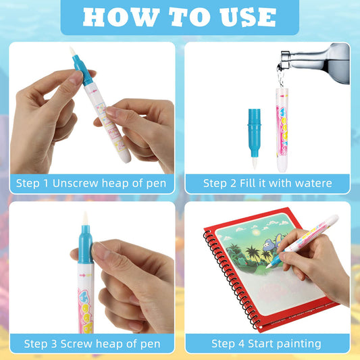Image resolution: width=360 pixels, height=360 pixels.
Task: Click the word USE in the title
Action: (247, 18)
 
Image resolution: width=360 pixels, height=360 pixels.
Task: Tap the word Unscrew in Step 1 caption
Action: (76, 184)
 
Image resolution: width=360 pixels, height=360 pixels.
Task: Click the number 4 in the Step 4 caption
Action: (241, 344)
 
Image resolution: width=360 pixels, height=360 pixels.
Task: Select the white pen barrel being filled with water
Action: (282, 130)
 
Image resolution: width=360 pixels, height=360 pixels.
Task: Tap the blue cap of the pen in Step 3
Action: (85, 245)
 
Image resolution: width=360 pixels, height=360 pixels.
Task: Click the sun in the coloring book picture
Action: (255, 232)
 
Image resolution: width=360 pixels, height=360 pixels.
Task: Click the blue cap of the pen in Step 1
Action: (82, 70)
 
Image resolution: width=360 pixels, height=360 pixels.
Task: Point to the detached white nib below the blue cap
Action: (255, 163)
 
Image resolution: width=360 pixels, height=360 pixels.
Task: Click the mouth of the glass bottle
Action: (284, 59)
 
